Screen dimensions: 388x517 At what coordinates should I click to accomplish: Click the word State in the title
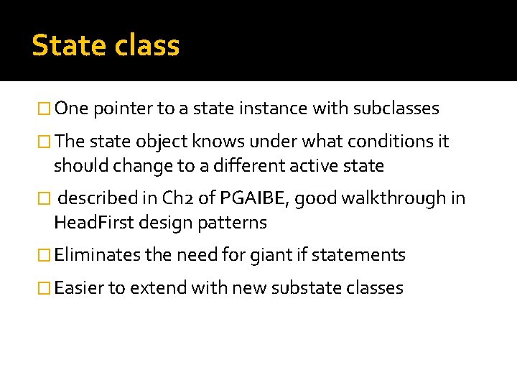tap(68, 46)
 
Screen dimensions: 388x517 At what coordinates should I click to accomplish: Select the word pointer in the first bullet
tap(124, 109)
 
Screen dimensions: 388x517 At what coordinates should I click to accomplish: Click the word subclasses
tap(396, 109)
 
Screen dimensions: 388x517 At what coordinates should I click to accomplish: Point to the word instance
tap(279, 109)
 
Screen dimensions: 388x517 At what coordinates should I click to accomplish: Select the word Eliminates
tap(97, 255)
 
